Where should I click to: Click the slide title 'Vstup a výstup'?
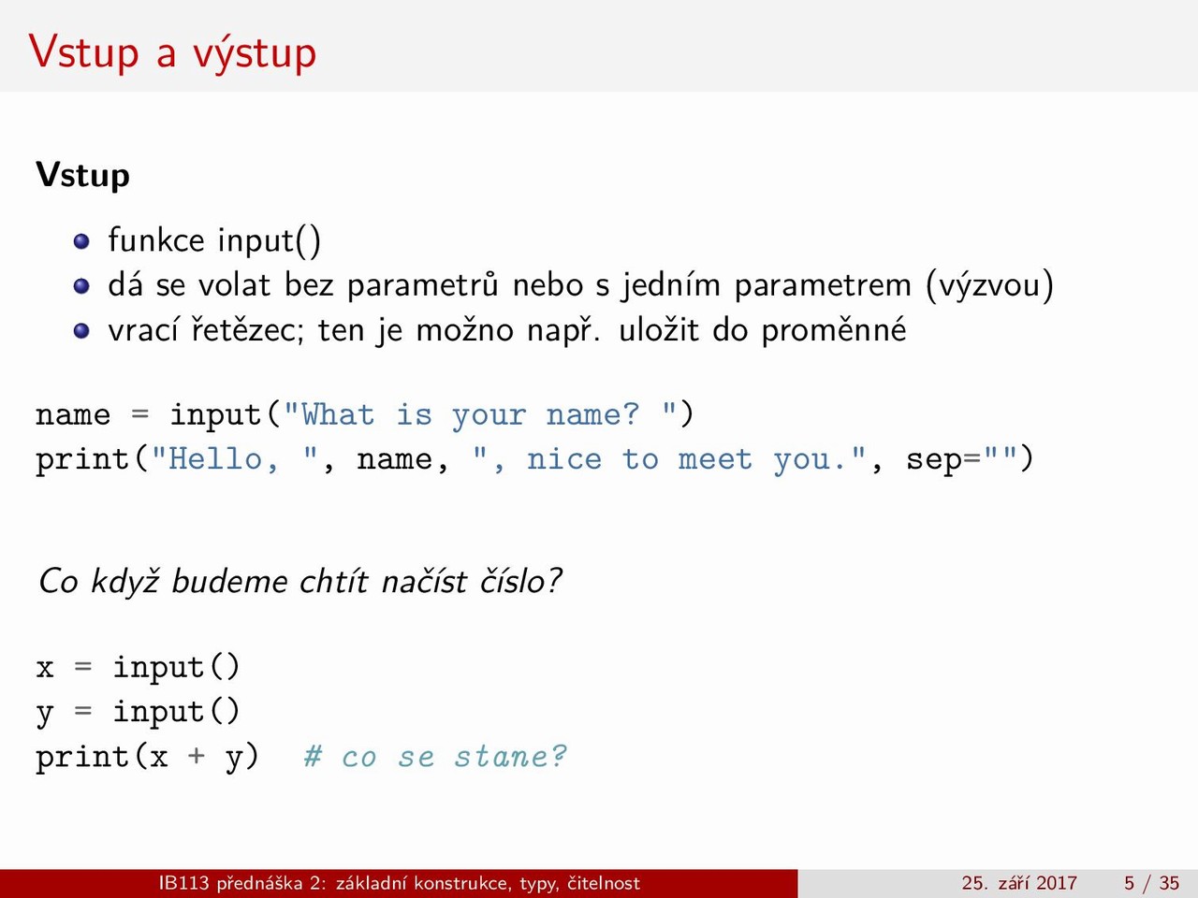(172, 53)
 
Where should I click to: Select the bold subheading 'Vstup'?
(83, 176)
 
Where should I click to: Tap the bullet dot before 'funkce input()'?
(81, 241)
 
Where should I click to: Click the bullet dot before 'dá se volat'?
(81, 285)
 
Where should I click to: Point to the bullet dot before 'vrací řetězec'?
(81, 330)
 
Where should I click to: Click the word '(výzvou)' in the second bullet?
(989, 285)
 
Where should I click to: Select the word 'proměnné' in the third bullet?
(833, 330)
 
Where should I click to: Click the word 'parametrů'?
(422, 285)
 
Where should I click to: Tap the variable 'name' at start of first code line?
(73, 415)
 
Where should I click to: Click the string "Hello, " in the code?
(235, 459)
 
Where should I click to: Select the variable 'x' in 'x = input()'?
(45, 669)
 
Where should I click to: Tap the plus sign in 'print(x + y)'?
(197, 757)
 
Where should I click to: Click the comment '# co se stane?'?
(435, 757)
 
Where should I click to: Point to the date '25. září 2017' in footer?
(1019, 883)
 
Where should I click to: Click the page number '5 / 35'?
(1151, 883)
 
